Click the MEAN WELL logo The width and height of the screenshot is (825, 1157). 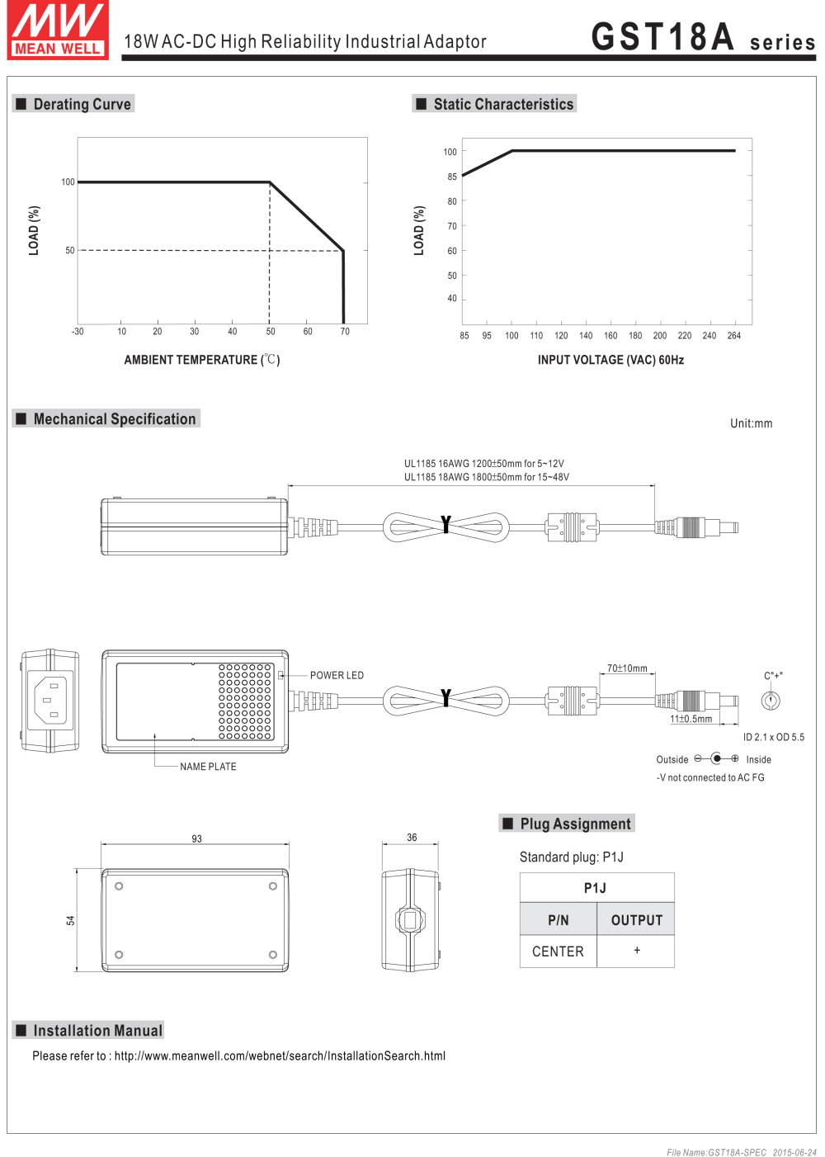click(58, 30)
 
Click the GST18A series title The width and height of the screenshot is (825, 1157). click(703, 37)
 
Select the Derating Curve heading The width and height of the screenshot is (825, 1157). click(82, 104)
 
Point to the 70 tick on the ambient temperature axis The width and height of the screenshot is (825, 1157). click(345, 331)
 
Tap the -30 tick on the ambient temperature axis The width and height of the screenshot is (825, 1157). click(78, 331)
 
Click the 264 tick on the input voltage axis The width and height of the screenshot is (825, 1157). click(733, 335)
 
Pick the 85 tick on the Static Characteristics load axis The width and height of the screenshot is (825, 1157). click(452, 176)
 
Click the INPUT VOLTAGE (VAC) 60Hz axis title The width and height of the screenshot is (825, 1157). click(610, 360)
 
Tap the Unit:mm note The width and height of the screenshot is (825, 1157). click(751, 423)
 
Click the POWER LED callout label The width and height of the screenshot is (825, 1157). click(337, 675)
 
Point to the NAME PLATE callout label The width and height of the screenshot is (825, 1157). click(208, 767)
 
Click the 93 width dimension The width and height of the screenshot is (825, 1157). click(196, 838)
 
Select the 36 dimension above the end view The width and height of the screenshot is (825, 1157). click(412, 837)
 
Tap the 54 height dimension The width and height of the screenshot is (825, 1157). click(70, 920)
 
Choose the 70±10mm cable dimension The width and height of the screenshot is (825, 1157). click(627, 668)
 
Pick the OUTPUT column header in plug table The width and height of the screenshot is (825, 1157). click(637, 920)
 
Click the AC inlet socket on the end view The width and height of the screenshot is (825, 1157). click(50, 700)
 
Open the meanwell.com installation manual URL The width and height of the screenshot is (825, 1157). click(280, 1055)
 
